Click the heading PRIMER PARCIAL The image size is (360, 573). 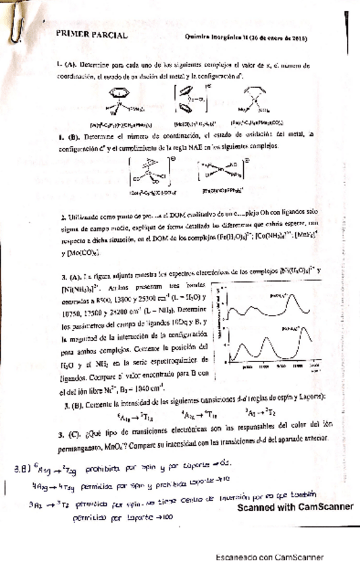pyautogui.click(x=93, y=35)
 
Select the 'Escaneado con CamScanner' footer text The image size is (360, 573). pyautogui.click(x=269, y=557)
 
